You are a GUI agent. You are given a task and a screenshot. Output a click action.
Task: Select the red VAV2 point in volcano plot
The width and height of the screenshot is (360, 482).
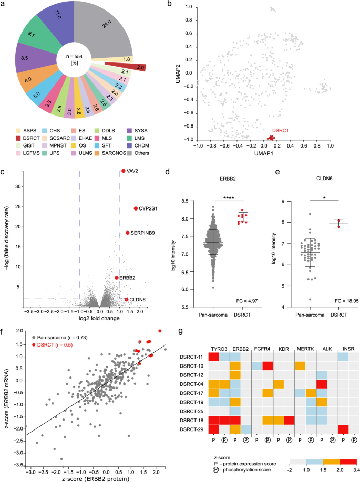click(124, 171)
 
